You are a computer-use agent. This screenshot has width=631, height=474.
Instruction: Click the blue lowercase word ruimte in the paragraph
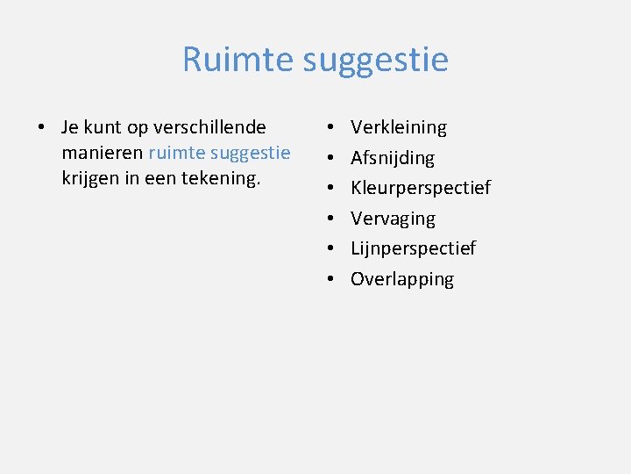[175, 153]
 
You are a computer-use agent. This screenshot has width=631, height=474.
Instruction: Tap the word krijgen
[91, 179]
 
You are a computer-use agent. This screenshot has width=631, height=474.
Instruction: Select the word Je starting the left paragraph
[70, 127]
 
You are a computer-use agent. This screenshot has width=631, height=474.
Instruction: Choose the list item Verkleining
[398, 127]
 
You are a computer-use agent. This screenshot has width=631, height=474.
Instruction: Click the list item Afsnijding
[392, 158]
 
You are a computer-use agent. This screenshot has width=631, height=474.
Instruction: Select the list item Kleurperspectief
[421, 188]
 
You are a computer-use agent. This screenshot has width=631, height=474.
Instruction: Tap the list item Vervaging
[393, 219]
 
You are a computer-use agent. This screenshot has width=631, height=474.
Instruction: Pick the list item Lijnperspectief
[413, 248]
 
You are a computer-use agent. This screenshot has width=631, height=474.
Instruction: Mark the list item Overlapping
[402, 279]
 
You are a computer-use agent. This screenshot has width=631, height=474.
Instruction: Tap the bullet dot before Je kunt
[41, 128]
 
